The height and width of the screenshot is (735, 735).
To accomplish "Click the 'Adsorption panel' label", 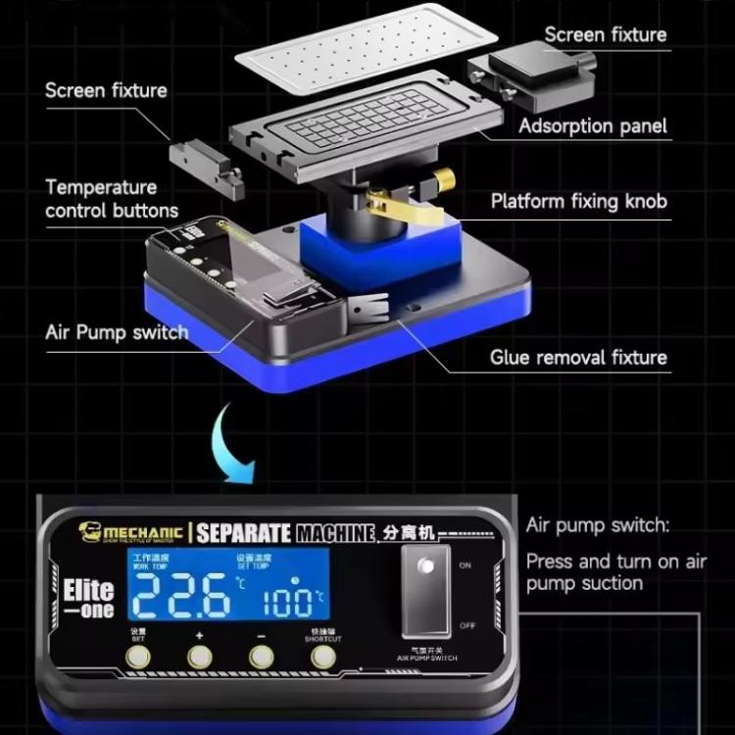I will click(x=593, y=125).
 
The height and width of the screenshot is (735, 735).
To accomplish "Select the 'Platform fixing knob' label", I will click(x=578, y=202).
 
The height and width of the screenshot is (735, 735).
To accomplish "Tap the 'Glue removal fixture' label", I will click(x=578, y=357).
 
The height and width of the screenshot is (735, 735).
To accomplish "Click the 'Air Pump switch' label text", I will click(x=117, y=332).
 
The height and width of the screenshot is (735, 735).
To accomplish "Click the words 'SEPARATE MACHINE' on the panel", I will click(x=285, y=533).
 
